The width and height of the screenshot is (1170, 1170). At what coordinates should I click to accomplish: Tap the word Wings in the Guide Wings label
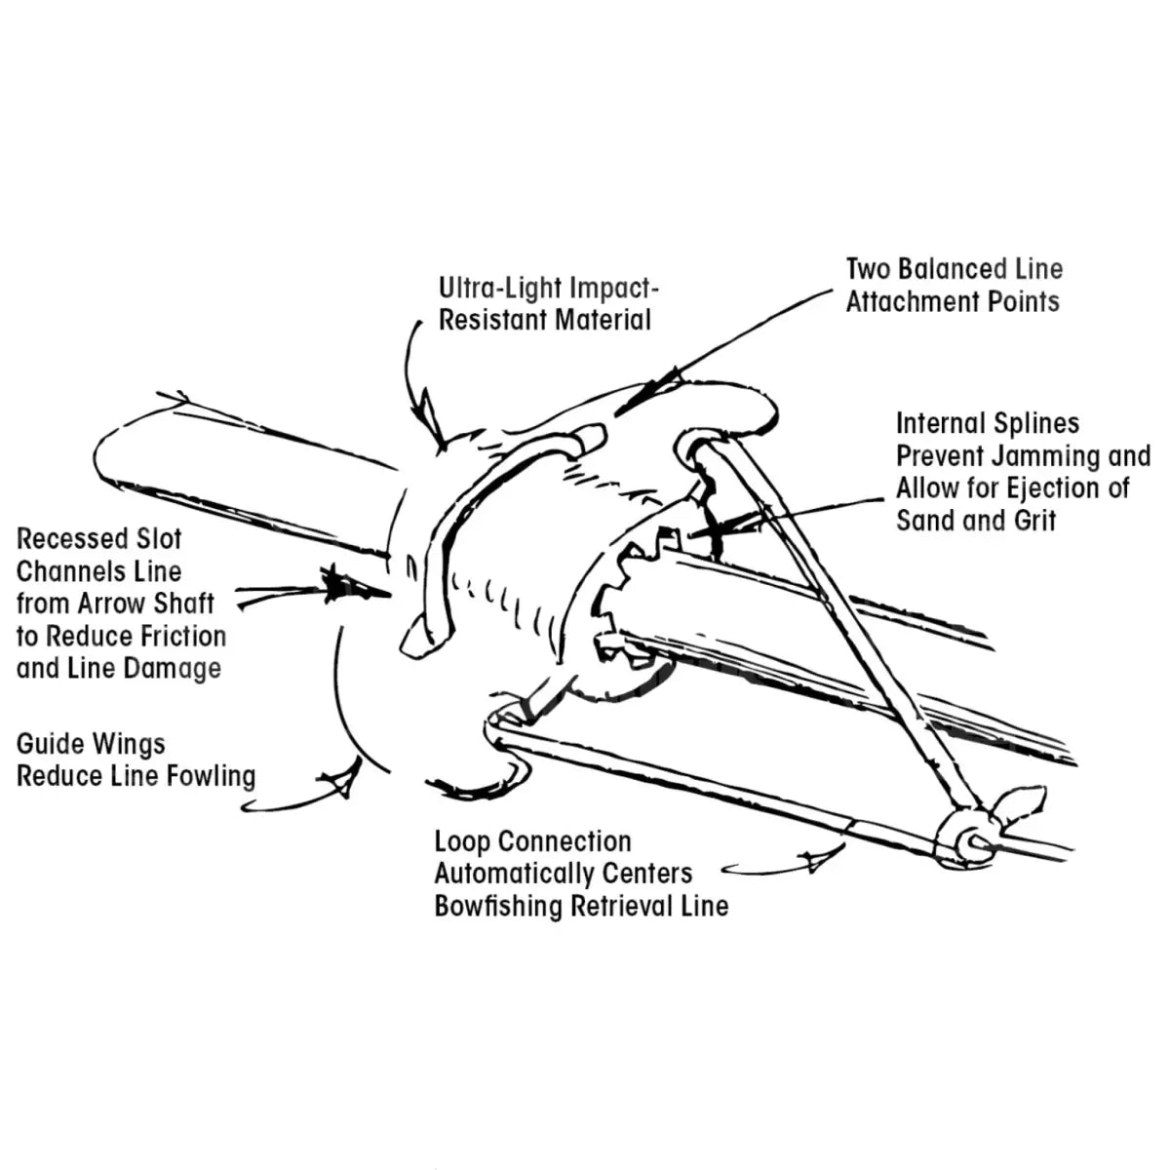130,744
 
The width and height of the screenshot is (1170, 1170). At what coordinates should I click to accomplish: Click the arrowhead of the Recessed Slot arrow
341,585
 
